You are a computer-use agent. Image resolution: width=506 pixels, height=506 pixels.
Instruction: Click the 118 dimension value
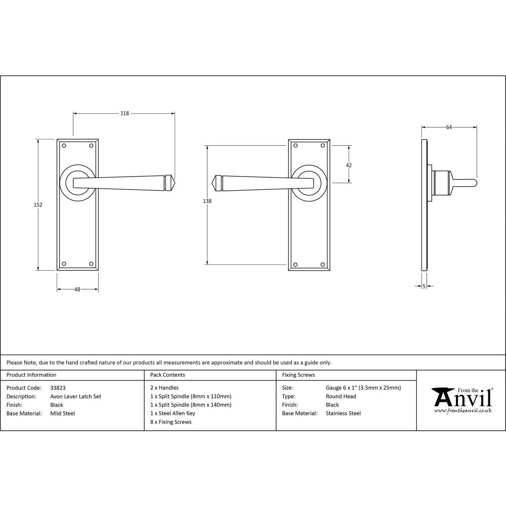coord(124,113)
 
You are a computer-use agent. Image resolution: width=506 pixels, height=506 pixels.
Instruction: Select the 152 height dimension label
coord(38,205)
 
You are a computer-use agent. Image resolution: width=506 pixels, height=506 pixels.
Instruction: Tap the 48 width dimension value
coord(77,289)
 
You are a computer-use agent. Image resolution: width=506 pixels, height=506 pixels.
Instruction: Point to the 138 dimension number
coord(206,201)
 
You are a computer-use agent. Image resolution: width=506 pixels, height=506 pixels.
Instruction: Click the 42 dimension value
coord(349,165)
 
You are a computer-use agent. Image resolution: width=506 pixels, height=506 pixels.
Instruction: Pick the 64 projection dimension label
coord(449,128)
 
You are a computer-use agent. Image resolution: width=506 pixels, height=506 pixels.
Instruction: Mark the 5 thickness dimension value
coord(424,286)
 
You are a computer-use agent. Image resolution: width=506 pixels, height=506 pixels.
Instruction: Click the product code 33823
coord(58,388)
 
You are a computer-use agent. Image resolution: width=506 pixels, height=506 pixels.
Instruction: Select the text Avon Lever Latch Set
coord(76,397)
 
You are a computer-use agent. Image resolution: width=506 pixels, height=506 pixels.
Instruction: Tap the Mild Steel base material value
coord(63,413)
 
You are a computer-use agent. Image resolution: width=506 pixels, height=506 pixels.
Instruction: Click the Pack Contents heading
coord(167,375)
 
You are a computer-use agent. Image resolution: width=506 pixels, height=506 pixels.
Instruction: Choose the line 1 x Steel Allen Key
coord(173,413)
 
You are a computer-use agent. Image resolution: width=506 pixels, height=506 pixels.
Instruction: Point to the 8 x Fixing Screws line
coord(171,422)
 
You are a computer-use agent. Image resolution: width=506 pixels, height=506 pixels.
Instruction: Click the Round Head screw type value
coord(341,397)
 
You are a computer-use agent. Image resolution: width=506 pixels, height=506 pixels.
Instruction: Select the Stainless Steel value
coord(343,413)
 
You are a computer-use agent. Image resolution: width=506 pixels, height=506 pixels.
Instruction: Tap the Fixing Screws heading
coord(298,375)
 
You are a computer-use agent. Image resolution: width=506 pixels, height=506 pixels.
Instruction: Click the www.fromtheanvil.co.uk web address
coord(462,410)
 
